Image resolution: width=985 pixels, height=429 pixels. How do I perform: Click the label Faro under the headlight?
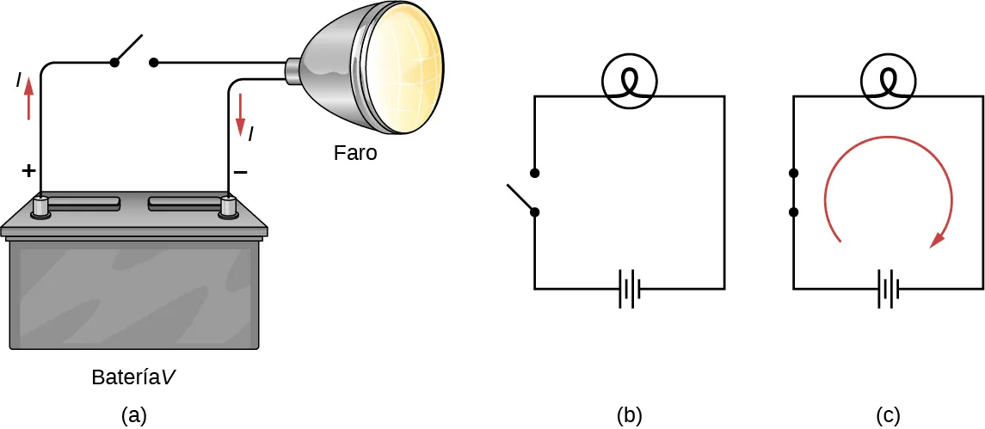click(x=355, y=155)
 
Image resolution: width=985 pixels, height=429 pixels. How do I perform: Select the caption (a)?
click(x=133, y=415)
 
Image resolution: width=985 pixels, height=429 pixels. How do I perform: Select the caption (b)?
click(x=630, y=415)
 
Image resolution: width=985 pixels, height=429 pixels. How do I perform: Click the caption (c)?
click(x=888, y=415)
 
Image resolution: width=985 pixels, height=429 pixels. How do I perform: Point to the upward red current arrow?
click(x=29, y=98)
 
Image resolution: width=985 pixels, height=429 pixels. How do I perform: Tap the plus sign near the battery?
click(x=28, y=171)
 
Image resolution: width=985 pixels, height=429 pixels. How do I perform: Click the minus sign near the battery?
click(x=241, y=172)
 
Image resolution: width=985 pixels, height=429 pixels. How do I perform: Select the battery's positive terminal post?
click(x=40, y=207)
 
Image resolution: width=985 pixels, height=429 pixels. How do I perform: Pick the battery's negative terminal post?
click(x=228, y=207)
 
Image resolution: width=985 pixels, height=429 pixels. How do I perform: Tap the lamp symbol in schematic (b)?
click(x=629, y=83)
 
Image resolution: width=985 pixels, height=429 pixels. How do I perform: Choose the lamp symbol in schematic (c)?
click(x=888, y=83)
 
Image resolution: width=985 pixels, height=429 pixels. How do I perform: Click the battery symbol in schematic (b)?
click(x=629, y=289)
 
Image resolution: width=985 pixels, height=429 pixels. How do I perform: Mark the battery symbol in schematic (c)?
click(x=888, y=289)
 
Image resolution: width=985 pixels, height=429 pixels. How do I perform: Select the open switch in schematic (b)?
click(x=526, y=193)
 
